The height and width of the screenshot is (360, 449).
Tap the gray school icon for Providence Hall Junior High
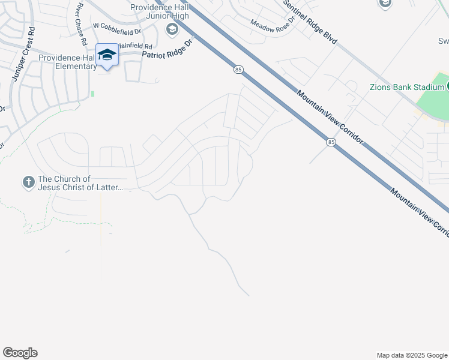(x=172, y=29)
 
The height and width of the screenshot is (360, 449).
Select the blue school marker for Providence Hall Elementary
(x=107, y=55)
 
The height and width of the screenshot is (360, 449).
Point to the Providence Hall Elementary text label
(x=67, y=62)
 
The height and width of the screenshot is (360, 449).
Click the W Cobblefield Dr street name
(x=118, y=26)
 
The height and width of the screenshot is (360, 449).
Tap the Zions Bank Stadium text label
(x=406, y=87)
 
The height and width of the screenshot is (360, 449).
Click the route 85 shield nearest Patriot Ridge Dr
(x=238, y=70)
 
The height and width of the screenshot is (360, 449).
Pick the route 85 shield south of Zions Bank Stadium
(x=331, y=142)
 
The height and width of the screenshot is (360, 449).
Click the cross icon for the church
(x=28, y=182)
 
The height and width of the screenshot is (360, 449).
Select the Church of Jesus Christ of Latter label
(x=80, y=183)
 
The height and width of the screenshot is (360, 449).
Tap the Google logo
(x=20, y=353)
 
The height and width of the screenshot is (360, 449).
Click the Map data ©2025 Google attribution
(x=411, y=355)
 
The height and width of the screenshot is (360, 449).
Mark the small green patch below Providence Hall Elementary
(x=92, y=94)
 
